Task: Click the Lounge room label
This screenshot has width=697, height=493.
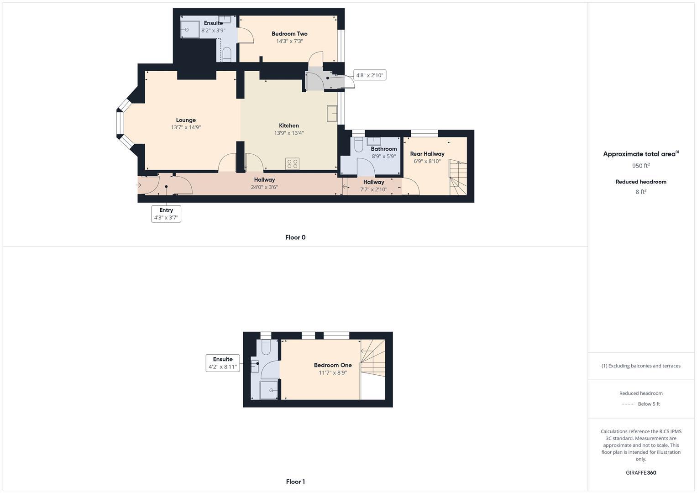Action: point(186,120)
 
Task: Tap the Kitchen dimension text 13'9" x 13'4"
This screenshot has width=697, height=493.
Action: point(289,133)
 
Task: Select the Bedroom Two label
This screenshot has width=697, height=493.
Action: point(289,34)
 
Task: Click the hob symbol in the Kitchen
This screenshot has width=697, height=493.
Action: point(293,163)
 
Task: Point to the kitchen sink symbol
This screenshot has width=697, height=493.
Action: point(332,114)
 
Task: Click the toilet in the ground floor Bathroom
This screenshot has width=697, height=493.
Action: point(358,145)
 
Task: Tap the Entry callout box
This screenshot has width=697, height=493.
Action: point(166,214)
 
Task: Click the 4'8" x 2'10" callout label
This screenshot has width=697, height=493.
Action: point(370,75)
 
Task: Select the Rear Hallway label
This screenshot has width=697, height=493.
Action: point(427,154)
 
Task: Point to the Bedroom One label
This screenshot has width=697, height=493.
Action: point(333,365)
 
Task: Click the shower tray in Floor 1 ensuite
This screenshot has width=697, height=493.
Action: point(269,390)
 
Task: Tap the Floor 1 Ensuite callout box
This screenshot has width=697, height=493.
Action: point(223,363)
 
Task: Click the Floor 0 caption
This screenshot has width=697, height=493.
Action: point(295,237)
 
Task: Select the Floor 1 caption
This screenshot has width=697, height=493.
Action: point(295,482)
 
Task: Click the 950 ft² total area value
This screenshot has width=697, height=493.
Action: point(641,166)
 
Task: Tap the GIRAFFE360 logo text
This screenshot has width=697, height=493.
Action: point(641,473)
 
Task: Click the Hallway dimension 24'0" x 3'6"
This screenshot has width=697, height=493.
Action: point(264,187)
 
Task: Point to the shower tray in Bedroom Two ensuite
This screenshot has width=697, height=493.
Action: point(190,30)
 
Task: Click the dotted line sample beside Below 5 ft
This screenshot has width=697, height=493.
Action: point(628,404)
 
